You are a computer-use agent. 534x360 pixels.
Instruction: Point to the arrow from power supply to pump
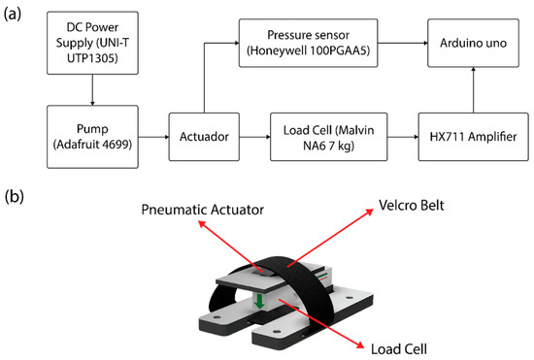pyautogui.click(x=92, y=90)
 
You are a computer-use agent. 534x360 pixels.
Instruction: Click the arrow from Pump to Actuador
pyautogui.click(x=153, y=137)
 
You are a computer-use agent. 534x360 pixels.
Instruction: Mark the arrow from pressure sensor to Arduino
pyautogui.click(x=403, y=44)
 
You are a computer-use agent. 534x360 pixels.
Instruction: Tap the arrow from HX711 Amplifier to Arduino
pyautogui.click(x=474, y=90)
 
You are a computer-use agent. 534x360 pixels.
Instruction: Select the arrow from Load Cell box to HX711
pyautogui.click(x=403, y=137)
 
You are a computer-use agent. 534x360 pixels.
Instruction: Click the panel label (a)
pyautogui.click(x=13, y=15)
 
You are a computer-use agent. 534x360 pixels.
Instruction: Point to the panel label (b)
pyautogui.click(x=14, y=197)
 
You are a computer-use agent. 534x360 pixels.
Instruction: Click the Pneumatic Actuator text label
pyautogui.click(x=203, y=210)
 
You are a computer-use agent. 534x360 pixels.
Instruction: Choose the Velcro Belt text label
pyautogui.click(x=412, y=205)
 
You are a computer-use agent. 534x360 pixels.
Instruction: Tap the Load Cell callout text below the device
pyautogui.click(x=399, y=349)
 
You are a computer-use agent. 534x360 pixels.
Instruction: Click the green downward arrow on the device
pyautogui.click(x=259, y=302)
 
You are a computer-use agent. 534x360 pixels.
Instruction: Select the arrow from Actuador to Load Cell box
pyautogui.click(x=254, y=137)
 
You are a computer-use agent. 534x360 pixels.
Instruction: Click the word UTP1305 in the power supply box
pyautogui.click(x=92, y=58)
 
